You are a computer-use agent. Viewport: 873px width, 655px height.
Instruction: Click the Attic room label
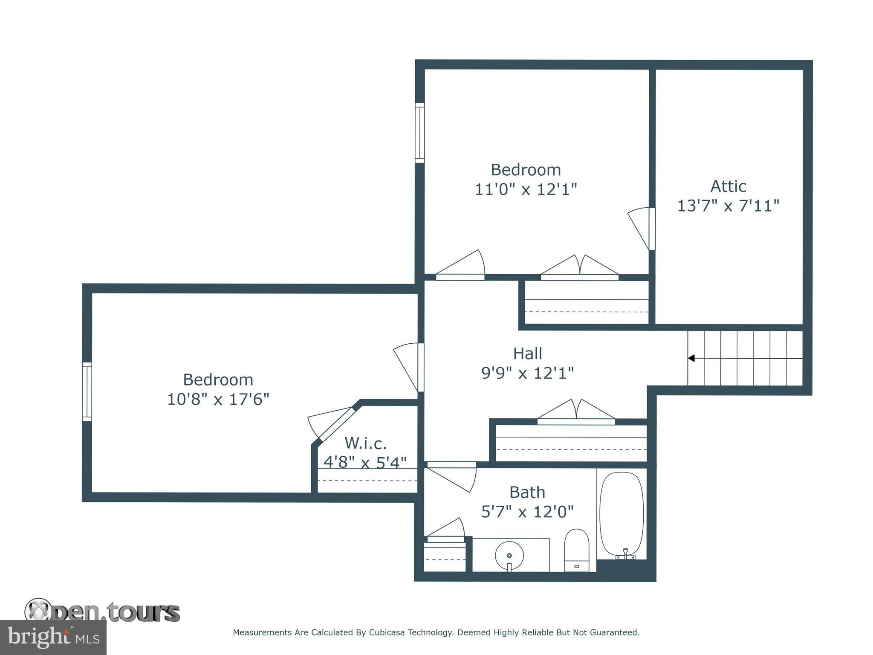(x=728, y=186)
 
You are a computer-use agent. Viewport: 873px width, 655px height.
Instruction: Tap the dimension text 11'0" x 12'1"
(x=526, y=189)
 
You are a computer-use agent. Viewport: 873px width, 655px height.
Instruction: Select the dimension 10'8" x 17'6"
(x=218, y=400)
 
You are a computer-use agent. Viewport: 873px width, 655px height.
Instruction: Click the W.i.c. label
(x=365, y=443)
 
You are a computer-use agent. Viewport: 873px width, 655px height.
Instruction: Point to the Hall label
(x=527, y=354)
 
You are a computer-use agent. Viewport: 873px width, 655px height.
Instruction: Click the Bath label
(x=527, y=492)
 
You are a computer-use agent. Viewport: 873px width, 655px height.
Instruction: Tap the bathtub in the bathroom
(x=622, y=514)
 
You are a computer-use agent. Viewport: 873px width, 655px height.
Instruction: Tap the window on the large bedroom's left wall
(x=87, y=391)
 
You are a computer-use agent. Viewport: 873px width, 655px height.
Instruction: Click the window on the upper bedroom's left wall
(x=420, y=133)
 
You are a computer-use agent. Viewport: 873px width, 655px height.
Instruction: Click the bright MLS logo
(x=53, y=637)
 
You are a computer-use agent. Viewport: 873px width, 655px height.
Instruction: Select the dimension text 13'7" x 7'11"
(x=728, y=206)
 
